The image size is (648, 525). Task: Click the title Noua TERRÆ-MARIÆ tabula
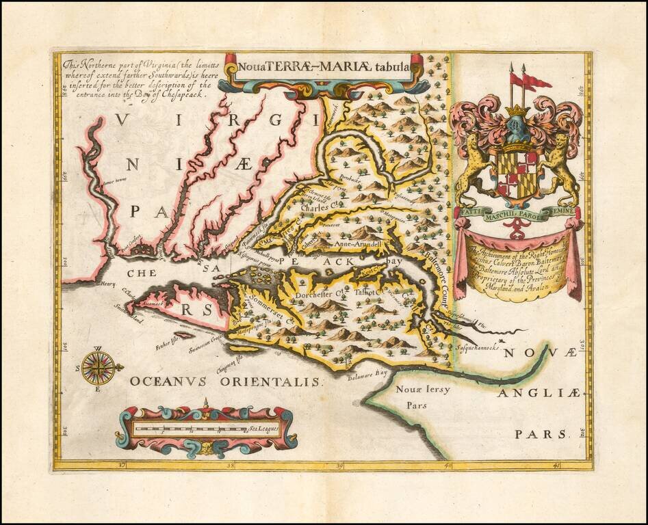click(x=322, y=67)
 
